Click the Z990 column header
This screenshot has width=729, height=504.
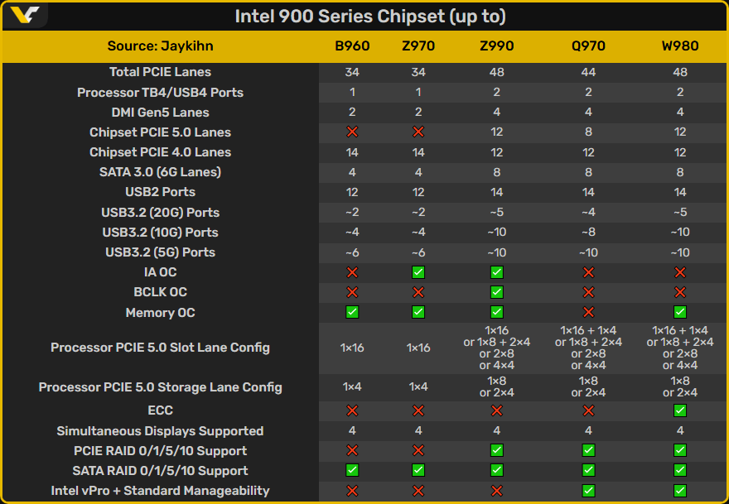(497, 46)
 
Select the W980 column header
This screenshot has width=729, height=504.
(679, 46)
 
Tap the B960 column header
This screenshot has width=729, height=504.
(352, 46)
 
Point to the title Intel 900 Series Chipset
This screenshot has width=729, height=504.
(369, 17)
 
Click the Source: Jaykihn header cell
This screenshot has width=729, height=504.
(160, 46)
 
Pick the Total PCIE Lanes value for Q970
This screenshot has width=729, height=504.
(588, 72)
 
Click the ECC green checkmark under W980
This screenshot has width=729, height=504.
(679, 410)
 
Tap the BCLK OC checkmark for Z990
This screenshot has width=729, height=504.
(497, 292)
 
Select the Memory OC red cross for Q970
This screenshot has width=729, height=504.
(588, 312)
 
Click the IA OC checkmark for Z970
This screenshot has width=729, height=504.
(418, 272)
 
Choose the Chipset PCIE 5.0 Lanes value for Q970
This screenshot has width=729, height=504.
(588, 132)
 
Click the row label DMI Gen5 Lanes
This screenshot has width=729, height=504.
(160, 113)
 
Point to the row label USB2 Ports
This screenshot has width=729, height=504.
(160, 192)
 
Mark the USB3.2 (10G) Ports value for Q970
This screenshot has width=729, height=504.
(588, 233)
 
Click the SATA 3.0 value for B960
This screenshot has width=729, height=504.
(352, 172)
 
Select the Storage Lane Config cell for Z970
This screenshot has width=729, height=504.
(418, 387)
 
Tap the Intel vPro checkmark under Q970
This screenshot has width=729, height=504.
(588, 491)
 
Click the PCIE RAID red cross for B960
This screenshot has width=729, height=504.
(352, 451)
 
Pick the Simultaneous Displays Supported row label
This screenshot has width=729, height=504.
(160, 431)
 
